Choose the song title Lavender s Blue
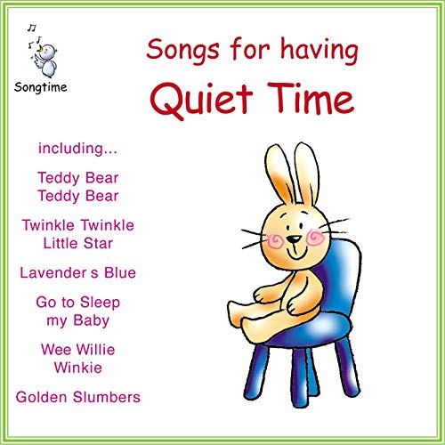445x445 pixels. (78, 272)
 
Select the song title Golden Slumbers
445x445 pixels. (78, 396)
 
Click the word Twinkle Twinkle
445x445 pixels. (78, 225)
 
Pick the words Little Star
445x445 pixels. (78, 242)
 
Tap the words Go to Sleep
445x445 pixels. (78, 303)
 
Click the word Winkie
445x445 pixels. (78, 366)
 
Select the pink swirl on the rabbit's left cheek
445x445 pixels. (275, 239)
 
